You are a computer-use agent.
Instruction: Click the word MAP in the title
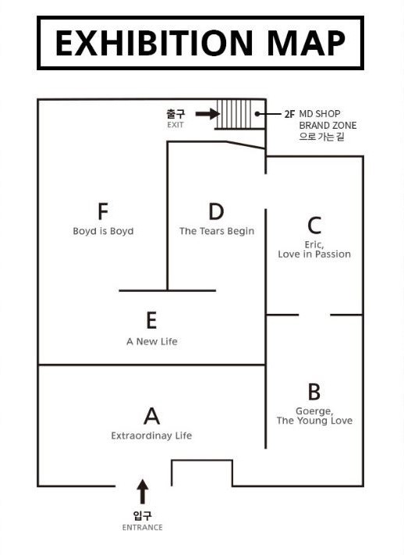tap(306, 43)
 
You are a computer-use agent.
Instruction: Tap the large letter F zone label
tap(103, 211)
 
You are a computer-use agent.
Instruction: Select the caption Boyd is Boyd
tap(103, 231)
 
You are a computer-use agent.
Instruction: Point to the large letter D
tap(216, 211)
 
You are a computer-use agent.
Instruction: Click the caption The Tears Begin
tap(217, 231)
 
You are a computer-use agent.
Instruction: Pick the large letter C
tap(314, 226)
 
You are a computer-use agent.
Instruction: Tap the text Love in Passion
tap(314, 254)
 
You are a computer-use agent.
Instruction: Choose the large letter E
tap(151, 320)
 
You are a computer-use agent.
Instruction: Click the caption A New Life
tap(152, 342)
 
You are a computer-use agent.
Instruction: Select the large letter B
tap(314, 392)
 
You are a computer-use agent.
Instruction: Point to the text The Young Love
tap(314, 421)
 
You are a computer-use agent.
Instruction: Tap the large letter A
tap(151, 416)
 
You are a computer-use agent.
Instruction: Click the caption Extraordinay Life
tap(151, 436)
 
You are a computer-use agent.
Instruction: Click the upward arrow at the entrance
tap(142, 492)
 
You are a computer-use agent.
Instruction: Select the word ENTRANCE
tap(142, 528)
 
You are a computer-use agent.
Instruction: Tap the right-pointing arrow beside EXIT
tap(207, 114)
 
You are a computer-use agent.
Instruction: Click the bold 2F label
tap(289, 114)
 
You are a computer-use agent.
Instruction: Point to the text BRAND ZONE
tap(328, 126)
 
